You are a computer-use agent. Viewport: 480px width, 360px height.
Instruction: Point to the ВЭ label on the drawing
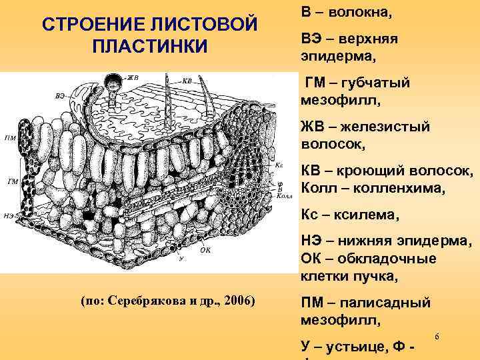60,95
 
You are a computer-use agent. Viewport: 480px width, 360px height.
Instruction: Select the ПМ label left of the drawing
10,138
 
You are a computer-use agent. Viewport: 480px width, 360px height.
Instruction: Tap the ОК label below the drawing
205,251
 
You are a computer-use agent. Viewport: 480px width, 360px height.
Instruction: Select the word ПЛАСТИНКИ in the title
150,48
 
